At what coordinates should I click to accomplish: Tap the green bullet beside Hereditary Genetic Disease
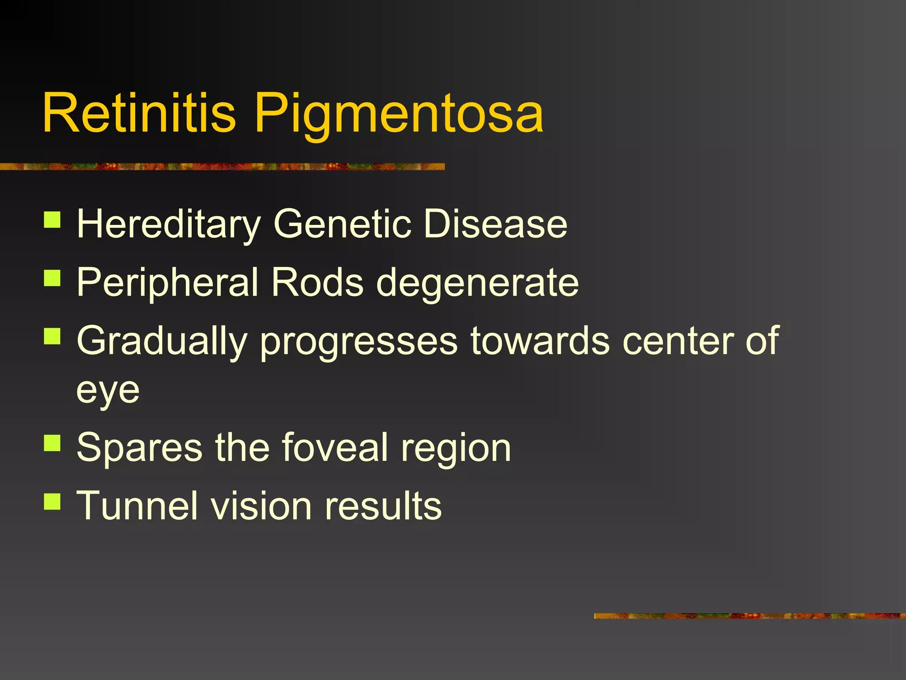[x=52, y=220]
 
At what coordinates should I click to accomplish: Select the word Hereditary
[x=169, y=225]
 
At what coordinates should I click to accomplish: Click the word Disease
[x=495, y=224]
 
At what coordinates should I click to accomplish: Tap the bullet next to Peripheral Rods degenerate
[x=52, y=278]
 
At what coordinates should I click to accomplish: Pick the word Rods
[x=317, y=282]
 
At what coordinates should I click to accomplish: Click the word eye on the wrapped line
[x=108, y=391]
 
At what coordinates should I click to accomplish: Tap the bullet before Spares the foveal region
[x=52, y=442]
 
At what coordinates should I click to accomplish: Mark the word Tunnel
[x=137, y=506]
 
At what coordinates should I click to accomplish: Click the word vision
[x=261, y=506]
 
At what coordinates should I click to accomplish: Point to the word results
[x=383, y=506]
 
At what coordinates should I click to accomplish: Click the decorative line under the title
[x=221, y=166]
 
